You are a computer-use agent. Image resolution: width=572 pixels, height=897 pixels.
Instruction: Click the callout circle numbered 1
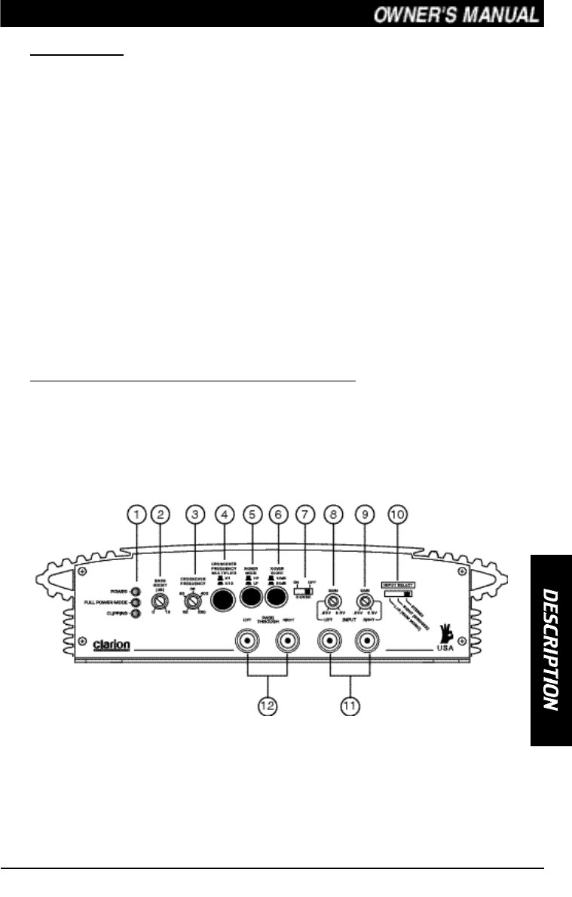(136, 515)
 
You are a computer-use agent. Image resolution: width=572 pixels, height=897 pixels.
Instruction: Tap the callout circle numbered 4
(223, 515)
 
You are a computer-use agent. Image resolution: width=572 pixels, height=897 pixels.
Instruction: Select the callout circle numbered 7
(306, 515)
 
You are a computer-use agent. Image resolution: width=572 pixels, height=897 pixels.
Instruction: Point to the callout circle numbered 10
(396, 515)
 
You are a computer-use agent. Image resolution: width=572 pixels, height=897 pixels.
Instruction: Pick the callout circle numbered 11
(349, 706)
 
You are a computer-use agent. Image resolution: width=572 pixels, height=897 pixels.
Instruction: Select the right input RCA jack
(369, 641)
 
